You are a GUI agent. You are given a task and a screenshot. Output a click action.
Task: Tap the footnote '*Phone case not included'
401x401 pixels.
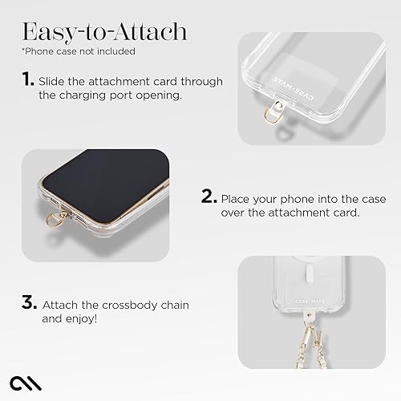79,51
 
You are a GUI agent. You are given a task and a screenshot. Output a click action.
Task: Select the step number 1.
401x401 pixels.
28,80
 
